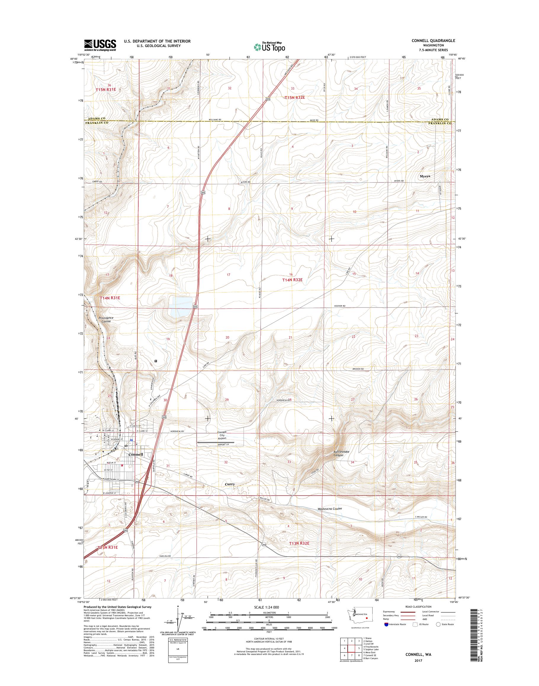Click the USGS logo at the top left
(x=100, y=45)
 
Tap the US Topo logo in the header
(x=269, y=47)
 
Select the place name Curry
(x=230, y=484)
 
